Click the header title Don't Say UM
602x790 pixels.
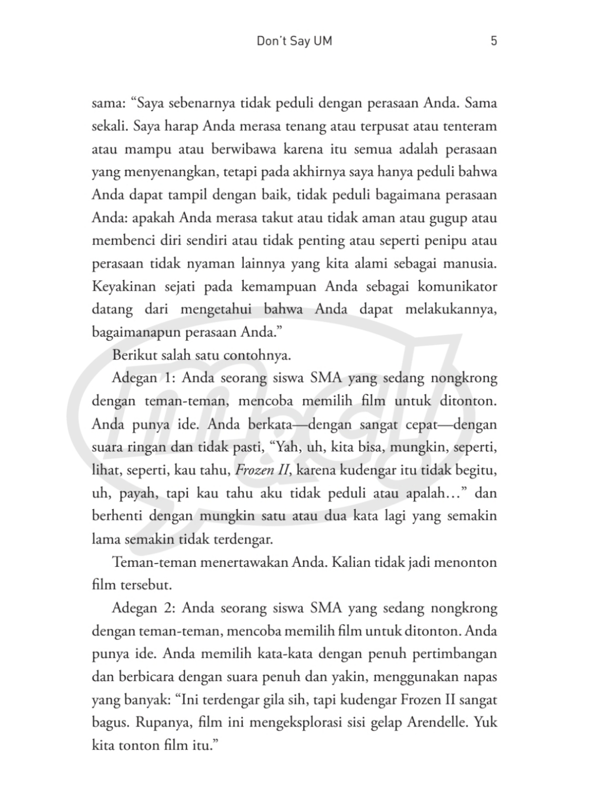click(294, 41)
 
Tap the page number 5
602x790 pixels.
click(494, 41)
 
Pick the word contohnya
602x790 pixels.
click(257, 355)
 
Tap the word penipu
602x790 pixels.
click(442, 241)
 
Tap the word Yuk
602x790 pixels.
click(486, 722)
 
